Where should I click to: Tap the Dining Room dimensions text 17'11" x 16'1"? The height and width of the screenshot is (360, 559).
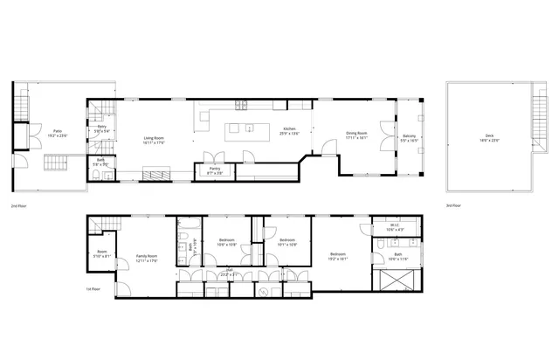[356, 138]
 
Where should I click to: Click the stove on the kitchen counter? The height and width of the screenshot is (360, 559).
[240, 105]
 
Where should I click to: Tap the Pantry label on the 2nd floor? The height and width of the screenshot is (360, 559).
[214, 168]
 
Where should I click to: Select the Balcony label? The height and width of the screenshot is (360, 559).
[409, 135]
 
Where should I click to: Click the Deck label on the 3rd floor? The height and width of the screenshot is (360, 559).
[488, 135]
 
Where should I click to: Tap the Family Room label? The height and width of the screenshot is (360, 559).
[146, 256]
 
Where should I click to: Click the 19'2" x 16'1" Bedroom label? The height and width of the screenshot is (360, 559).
[337, 256]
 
